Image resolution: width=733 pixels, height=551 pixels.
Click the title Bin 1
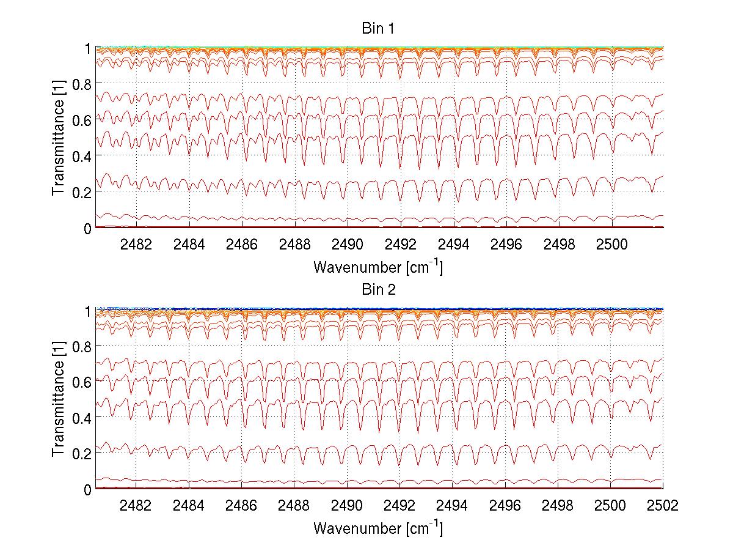coord(378,29)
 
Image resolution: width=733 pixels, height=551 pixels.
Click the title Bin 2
coord(378,290)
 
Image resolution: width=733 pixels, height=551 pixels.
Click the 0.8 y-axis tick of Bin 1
coord(83,83)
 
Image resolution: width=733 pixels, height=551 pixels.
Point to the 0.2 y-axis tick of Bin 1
coord(83,192)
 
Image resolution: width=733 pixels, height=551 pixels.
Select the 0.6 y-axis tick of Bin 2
coord(83,382)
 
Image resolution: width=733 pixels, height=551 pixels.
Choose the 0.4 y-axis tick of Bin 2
coord(83,418)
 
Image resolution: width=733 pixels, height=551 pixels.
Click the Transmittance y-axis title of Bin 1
coord(59,138)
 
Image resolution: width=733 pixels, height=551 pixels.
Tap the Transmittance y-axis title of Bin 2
coord(59,399)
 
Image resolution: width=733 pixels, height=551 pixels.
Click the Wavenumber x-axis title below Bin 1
coord(378,267)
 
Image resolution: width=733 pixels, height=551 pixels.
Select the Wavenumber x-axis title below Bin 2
coord(378,528)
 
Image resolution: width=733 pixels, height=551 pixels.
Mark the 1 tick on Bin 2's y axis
coord(88,310)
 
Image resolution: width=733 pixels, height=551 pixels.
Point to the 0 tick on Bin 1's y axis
coord(88,228)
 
